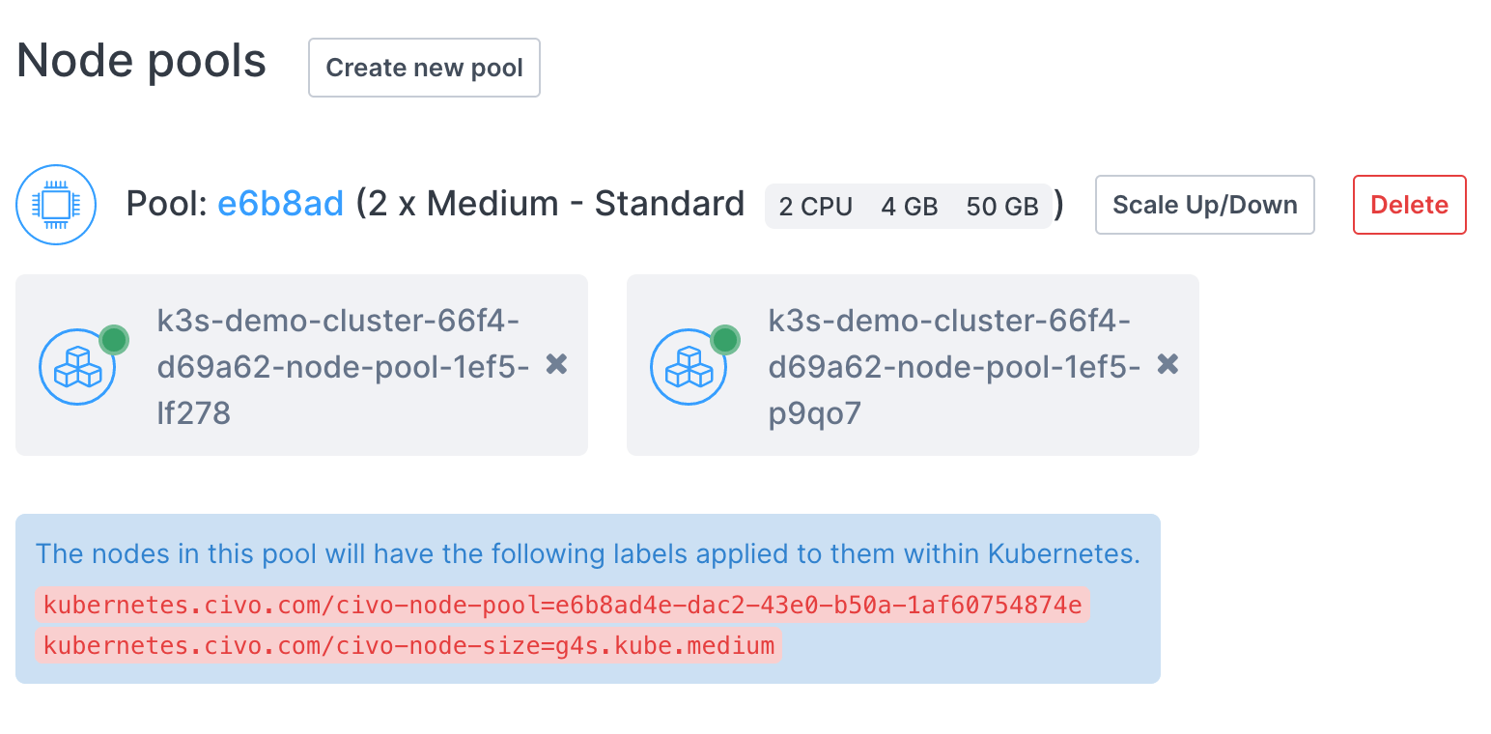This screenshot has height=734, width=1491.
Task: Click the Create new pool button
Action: [x=424, y=68]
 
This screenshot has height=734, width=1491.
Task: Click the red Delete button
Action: [x=1409, y=205]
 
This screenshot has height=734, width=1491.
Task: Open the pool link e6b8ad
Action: [x=280, y=204]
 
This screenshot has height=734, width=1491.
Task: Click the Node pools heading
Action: [x=142, y=61]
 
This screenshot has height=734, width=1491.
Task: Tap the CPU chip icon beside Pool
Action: [x=56, y=204]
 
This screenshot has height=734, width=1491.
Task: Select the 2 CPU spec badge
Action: [x=815, y=206]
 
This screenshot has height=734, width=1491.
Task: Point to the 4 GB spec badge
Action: [x=909, y=206]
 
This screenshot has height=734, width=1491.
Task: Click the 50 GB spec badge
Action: [x=1001, y=206]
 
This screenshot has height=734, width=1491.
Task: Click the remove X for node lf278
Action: [x=556, y=364]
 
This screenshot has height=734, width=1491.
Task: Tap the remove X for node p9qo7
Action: [x=1167, y=364]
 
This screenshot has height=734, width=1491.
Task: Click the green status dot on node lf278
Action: [x=114, y=339]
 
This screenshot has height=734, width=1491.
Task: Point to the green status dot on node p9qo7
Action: [x=725, y=339]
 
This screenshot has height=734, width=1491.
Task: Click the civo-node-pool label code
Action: [x=562, y=606]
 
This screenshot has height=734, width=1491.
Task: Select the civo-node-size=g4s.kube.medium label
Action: [x=408, y=645]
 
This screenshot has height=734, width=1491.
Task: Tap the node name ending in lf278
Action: [x=343, y=367]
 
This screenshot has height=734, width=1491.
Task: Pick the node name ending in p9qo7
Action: [x=954, y=367]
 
